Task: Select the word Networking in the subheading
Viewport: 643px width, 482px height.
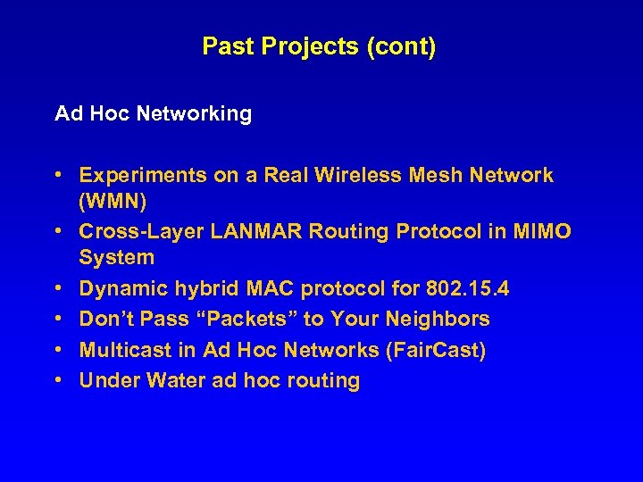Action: click(194, 114)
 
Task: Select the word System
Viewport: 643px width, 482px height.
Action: click(117, 258)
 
